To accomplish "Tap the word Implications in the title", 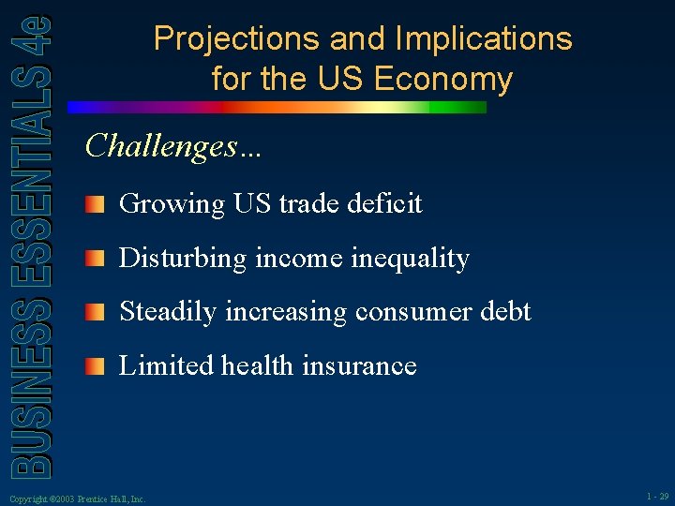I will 484,39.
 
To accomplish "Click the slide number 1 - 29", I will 657,497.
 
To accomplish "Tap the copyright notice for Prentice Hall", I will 76,499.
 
